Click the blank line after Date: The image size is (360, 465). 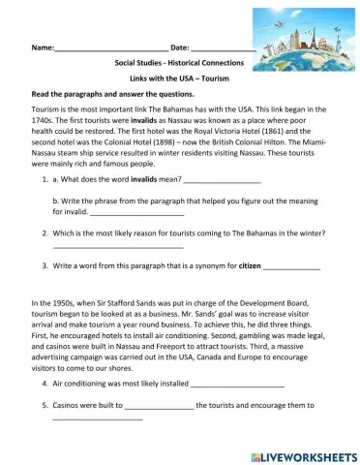tap(223, 47)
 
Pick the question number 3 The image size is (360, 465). tap(45, 265)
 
